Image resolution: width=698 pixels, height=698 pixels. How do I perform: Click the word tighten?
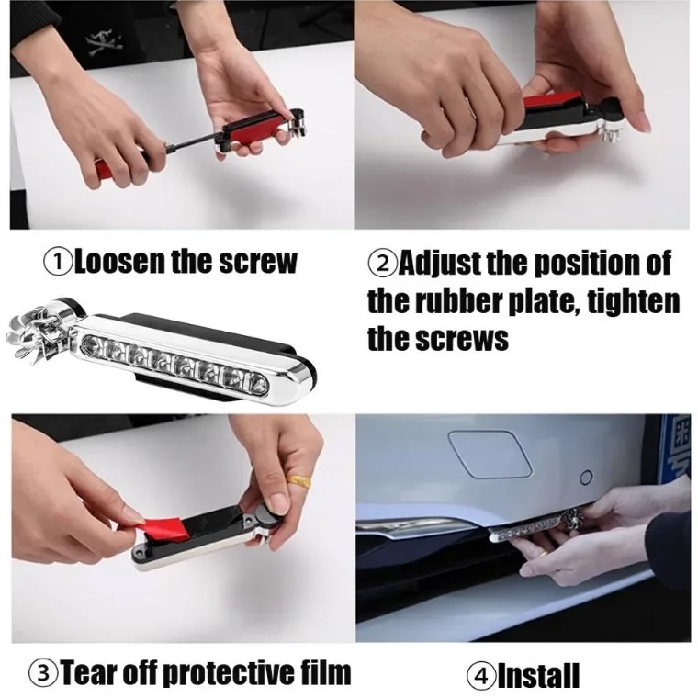(634, 302)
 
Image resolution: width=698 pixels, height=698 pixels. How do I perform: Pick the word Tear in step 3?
(88, 672)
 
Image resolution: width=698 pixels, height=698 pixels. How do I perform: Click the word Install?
(538, 676)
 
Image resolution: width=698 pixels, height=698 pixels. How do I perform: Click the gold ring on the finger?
(298, 481)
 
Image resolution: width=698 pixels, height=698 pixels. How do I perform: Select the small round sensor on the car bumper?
(587, 478)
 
